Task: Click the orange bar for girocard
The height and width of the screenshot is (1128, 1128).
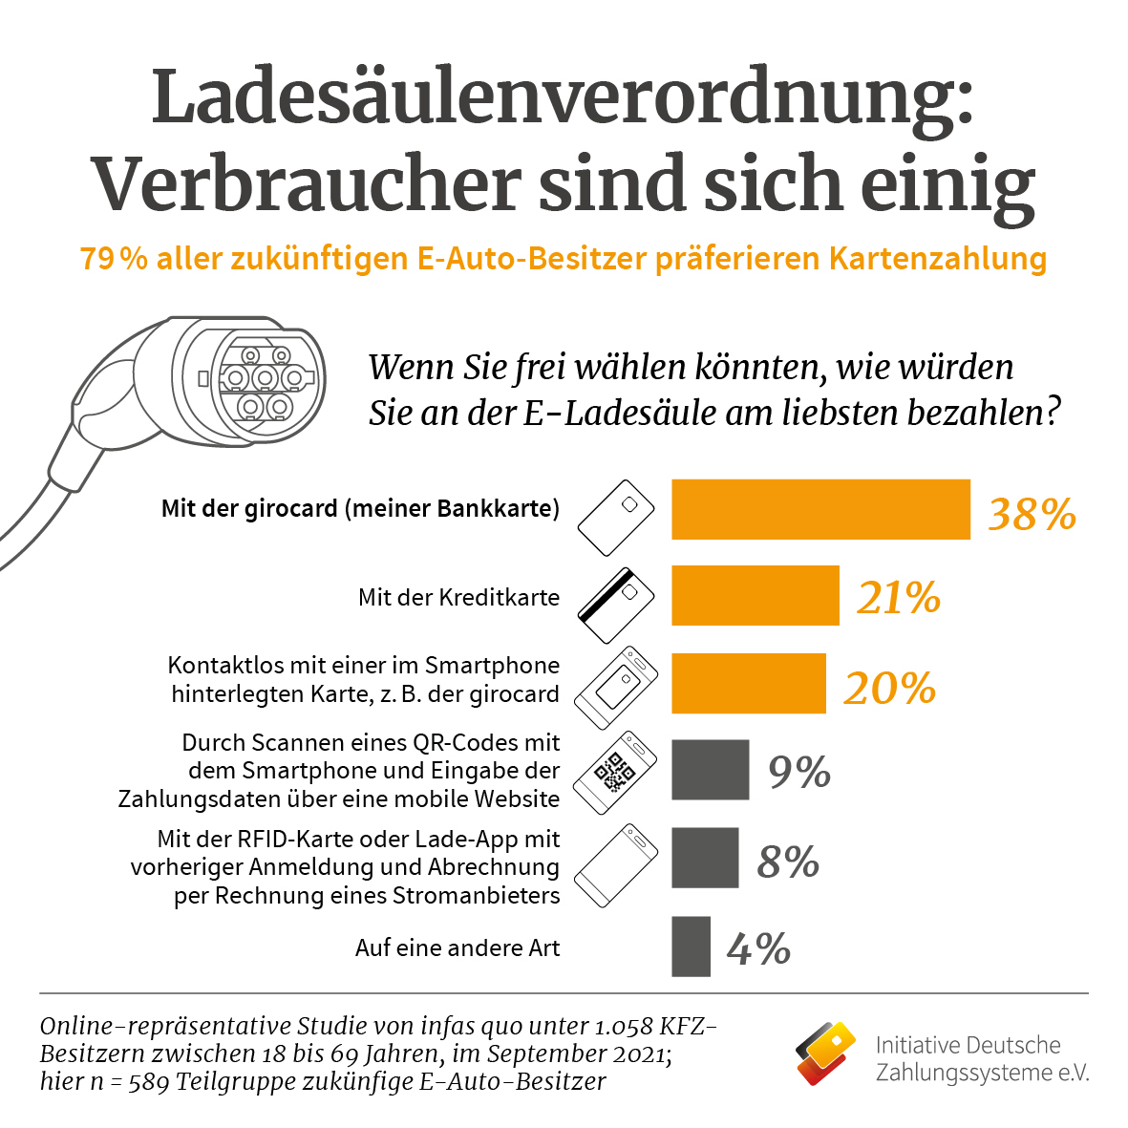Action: (820, 510)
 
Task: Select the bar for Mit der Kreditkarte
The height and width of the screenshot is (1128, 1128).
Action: (755, 596)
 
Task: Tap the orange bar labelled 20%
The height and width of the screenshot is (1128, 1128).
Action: (748, 684)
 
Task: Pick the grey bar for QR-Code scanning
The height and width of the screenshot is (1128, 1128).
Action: (710, 770)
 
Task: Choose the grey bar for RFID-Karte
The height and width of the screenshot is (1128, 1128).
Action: (705, 858)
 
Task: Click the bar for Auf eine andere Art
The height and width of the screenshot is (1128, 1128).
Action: (691, 947)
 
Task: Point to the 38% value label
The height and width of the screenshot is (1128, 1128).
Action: (1032, 515)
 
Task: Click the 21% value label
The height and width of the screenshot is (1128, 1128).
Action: (898, 599)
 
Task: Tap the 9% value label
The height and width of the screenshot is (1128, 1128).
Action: (799, 773)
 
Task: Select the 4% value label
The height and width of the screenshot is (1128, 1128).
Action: (758, 949)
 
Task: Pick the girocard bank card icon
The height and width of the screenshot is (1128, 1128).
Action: (616, 518)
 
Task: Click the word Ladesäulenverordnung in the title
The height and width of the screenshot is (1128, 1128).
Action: (562, 97)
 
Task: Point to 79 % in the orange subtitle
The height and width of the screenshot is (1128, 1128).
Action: (114, 259)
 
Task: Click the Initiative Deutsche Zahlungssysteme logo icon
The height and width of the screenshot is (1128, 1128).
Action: (826, 1054)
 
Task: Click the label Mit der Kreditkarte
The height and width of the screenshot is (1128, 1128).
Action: (458, 598)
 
